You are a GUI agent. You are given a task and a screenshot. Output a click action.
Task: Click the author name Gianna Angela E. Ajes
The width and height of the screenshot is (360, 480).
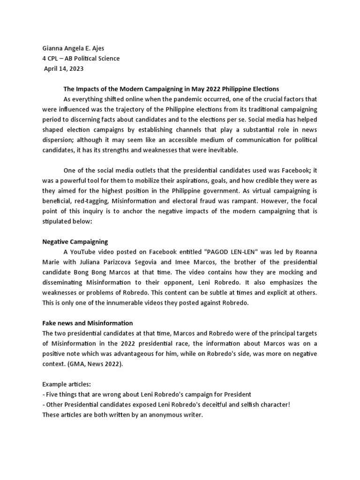75,49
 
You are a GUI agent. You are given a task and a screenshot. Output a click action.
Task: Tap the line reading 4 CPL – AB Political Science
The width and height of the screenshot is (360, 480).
81,59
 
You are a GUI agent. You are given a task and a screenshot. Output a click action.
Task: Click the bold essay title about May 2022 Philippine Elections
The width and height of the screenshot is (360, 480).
171,89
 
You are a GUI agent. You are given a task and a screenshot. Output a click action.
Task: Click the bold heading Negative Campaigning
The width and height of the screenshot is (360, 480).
75,241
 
